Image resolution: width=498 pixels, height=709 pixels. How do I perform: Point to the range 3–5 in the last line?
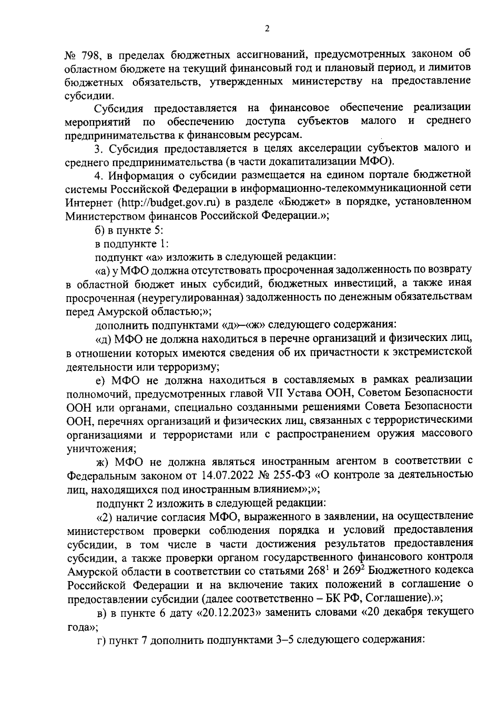284,639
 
